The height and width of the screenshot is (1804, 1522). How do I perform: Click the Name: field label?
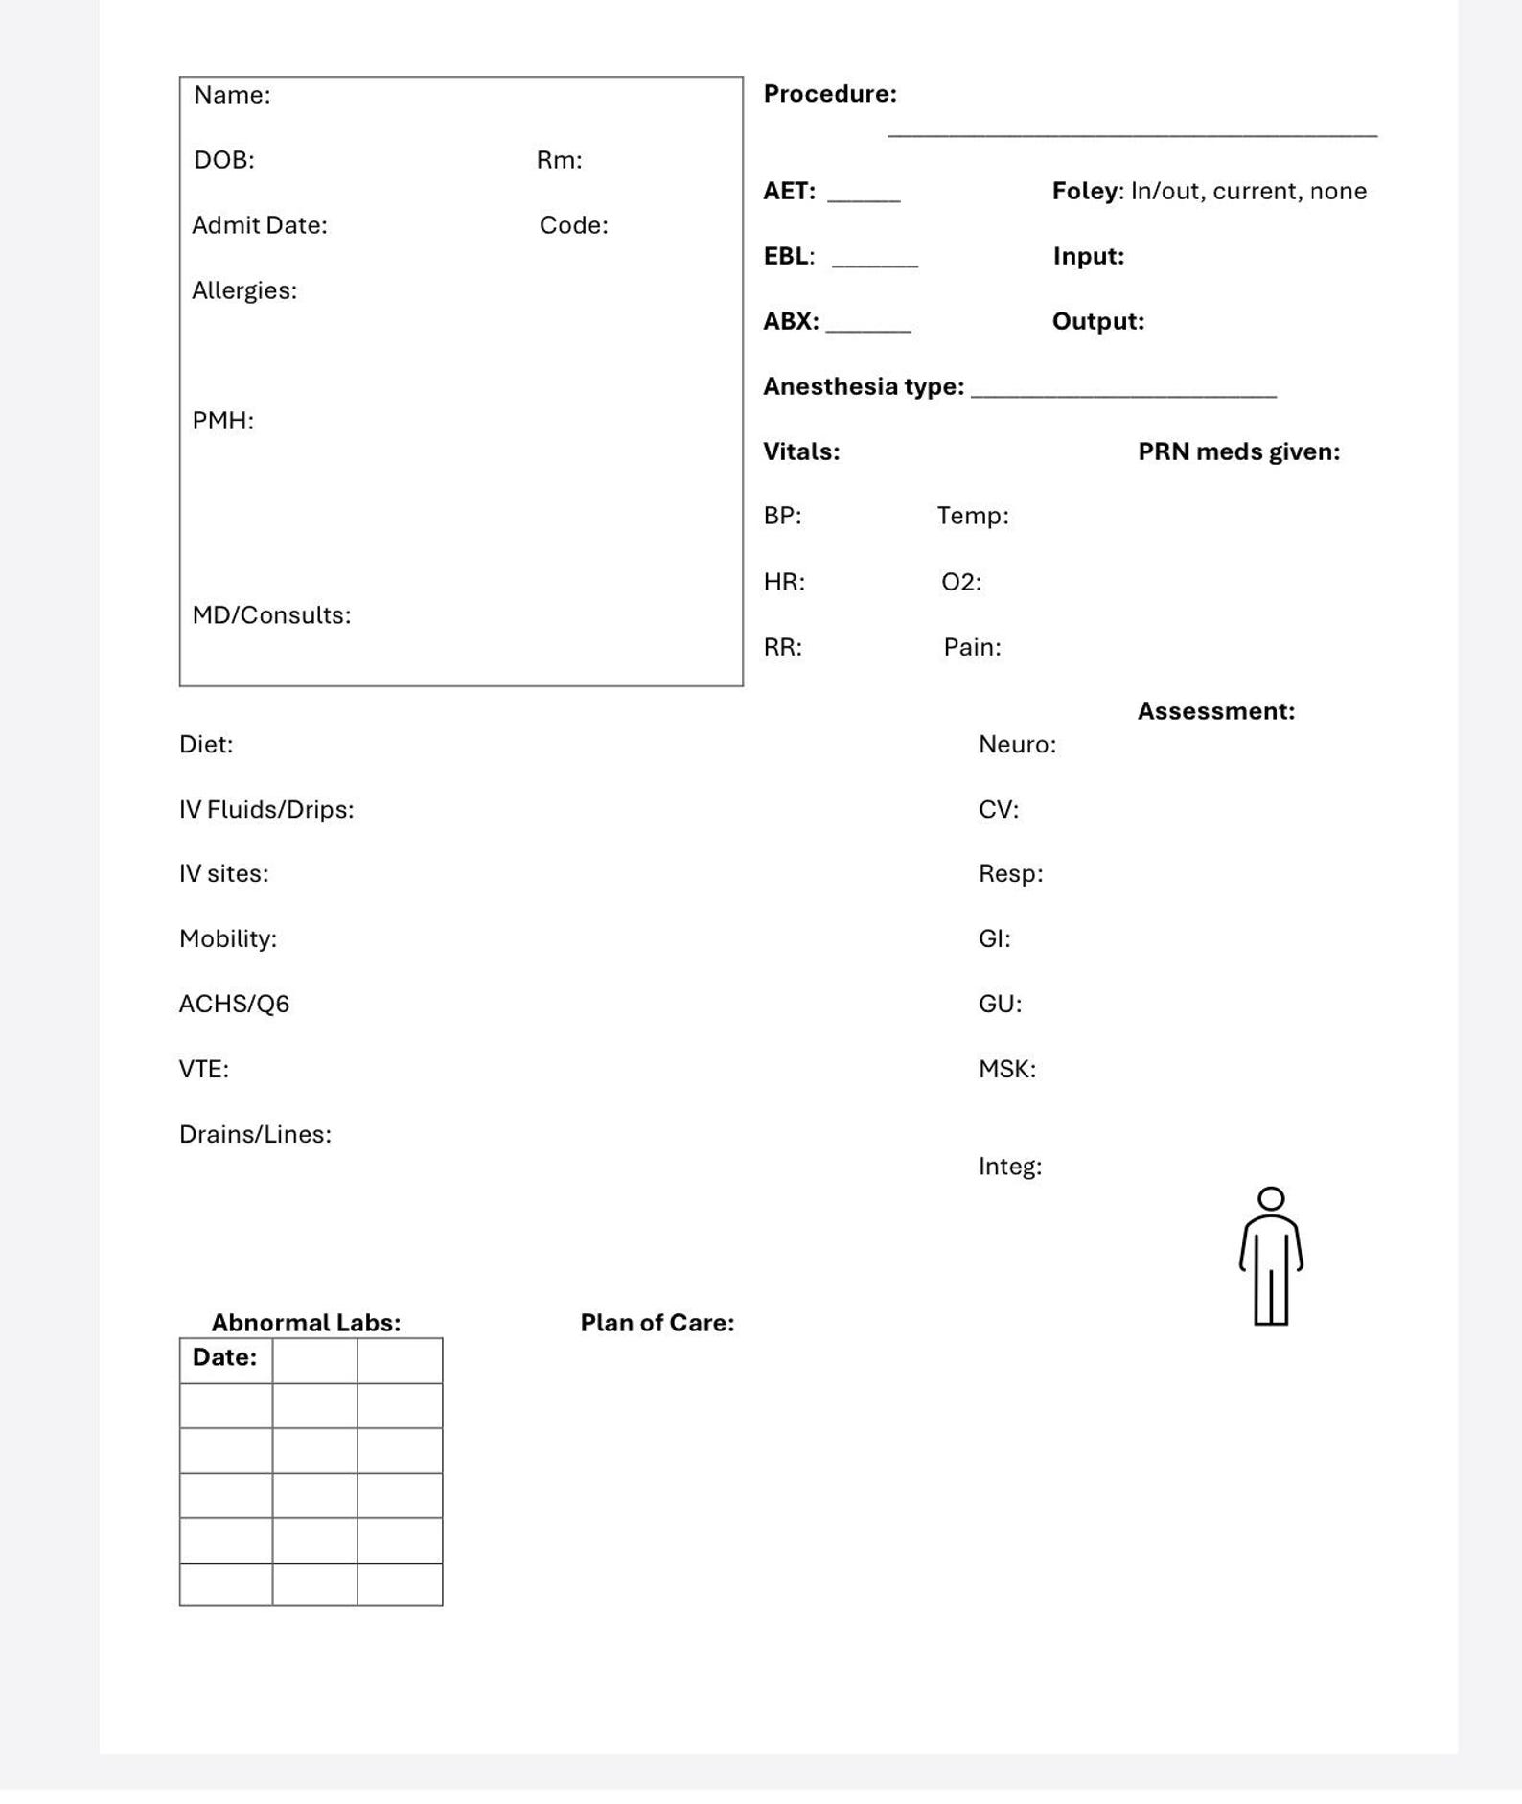[x=232, y=95]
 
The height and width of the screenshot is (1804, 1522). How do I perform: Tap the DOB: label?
[x=224, y=160]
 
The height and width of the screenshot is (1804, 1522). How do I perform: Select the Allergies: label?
[x=244, y=290]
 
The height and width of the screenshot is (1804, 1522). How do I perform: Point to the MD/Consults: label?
[x=271, y=615]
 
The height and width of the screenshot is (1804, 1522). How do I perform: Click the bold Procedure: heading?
[x=830, y=94]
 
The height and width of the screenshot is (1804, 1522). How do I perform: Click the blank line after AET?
[x=864, y=197]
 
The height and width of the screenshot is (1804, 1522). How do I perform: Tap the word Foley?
[x=1085, y=191]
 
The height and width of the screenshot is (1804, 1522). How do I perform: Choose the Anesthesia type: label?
[x=864, y=386]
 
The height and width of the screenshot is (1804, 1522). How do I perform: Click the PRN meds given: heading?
[x=1238, y=451]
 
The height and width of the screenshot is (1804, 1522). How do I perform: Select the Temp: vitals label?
[x=973, y=516]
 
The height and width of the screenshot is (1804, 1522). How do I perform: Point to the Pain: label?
[x=972, y=647]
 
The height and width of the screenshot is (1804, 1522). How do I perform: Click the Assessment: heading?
[x=1215, y=711]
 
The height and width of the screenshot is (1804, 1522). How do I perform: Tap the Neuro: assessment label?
[x=1017, y=745]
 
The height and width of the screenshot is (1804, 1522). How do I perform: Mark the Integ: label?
[x=1009, y=1167]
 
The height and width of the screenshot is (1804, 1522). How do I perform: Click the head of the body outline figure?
[x=1271, y=1199]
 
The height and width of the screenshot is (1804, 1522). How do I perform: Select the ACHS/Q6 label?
[x=234, y=1004]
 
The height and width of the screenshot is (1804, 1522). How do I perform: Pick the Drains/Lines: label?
[x=255, y=1134]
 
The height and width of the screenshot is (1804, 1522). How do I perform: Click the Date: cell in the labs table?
[x=225, y=1358]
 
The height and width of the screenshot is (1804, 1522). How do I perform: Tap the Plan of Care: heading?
[x=657, y=1323]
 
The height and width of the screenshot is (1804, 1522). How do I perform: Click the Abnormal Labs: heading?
[x=306, y=1323]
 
